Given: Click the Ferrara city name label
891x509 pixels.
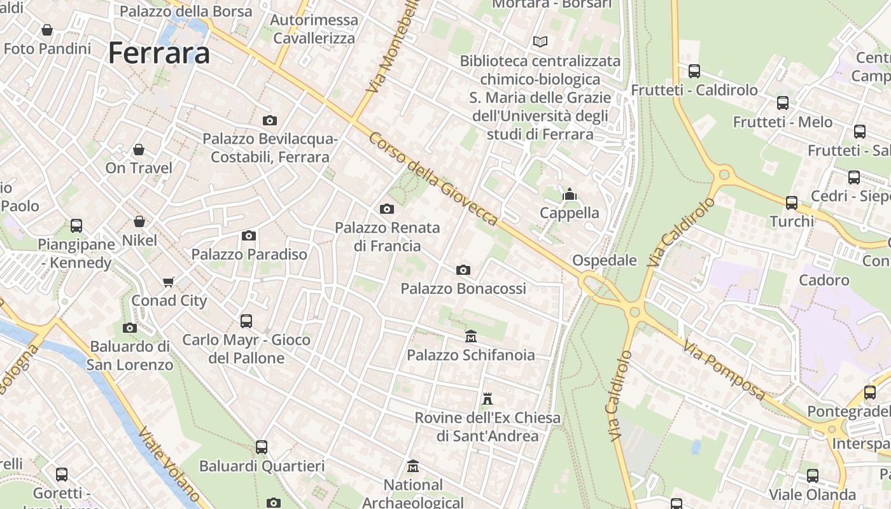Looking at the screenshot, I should click(159, 52).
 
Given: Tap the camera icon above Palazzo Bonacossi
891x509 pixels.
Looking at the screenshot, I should click(463, 270).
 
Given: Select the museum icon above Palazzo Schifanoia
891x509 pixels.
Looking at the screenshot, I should click(471, 336).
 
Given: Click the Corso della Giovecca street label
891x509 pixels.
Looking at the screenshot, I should click(433, 179).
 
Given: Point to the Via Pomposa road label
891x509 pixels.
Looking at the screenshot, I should click(724, 369).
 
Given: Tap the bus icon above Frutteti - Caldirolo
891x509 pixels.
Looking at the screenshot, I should click(694, 71).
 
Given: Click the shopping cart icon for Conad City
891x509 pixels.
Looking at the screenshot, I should click(169, 282).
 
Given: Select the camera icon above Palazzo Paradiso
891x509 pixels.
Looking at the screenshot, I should click(249, 236).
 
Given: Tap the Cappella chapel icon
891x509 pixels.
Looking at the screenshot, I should click(570, 194).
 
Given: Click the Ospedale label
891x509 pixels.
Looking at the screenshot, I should click(605, 260).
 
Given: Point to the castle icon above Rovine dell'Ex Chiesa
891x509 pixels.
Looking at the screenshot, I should click(488, 399).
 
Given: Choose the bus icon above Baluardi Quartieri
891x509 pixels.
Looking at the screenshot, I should click(262, 447).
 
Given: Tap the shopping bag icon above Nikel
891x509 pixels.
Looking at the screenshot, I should click(139, 221).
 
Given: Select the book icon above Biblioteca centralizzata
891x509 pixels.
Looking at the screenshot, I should click(540, 42).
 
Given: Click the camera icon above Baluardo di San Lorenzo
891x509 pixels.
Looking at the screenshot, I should click(130, 328).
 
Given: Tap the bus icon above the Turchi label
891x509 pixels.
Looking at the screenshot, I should click(792, 203).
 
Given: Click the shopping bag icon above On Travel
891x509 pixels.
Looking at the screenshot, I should click(139, 150).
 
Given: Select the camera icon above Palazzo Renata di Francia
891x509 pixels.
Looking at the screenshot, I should click(387, 209).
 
